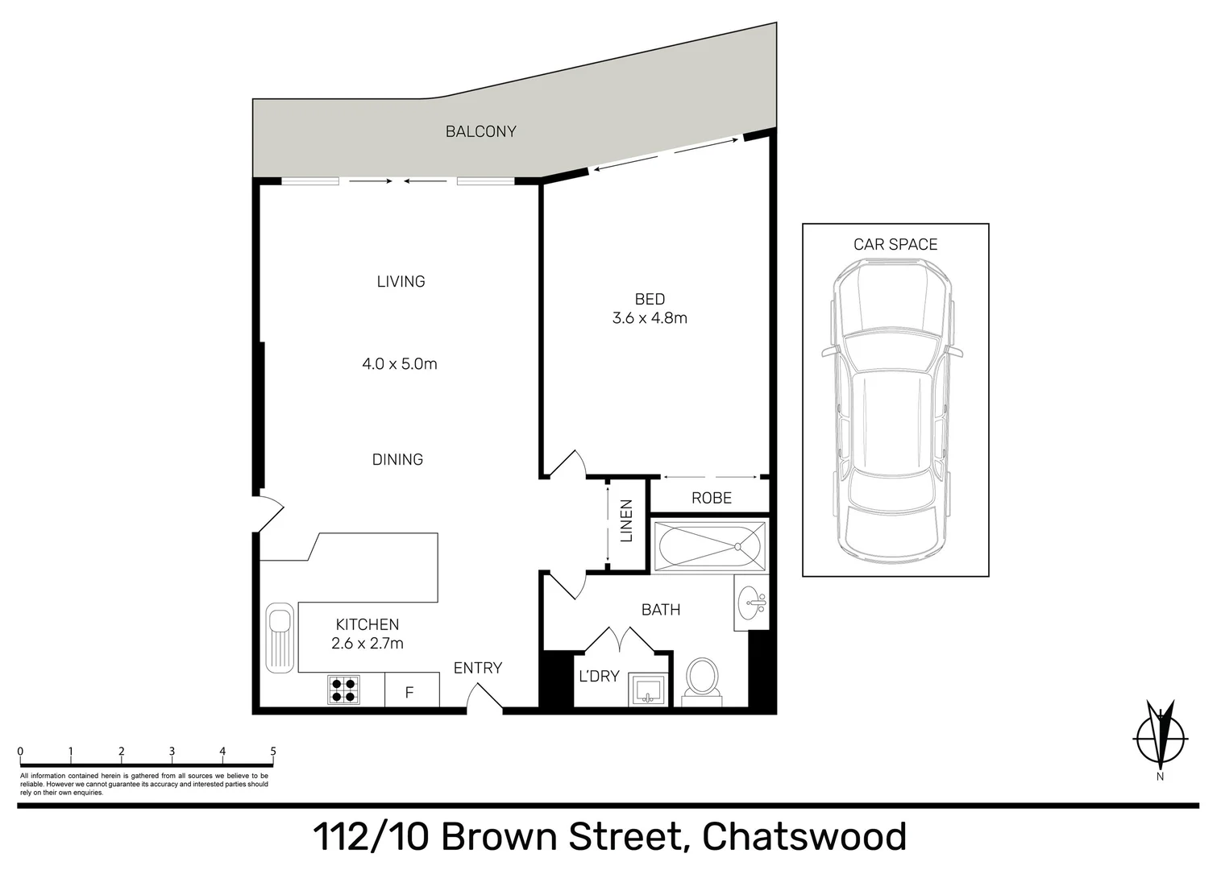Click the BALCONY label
[480, 131]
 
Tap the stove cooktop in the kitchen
[343, 690]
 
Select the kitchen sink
[280, 637]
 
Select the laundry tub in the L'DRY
[649, 690]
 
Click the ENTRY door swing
[484, 698]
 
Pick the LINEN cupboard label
[626, 520]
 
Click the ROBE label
[711, 498]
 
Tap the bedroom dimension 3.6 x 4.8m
[650, 318]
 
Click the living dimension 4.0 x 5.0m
[400, 364]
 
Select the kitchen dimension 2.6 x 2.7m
[368, 644]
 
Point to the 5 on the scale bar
[273, 752]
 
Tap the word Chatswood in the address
[804, 837]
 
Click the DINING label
[397, 459]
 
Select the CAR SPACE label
[895, 244]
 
